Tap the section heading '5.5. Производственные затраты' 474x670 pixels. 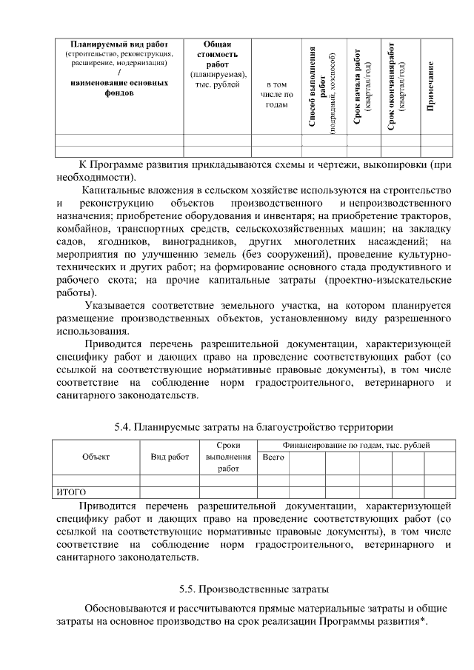point(253,589)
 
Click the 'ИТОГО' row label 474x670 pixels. point(72,492)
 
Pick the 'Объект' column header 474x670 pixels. point(96,457)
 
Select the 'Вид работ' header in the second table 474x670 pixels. point(170,457)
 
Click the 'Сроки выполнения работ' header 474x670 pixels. point(228,457)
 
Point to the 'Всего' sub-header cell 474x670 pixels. point(273,457)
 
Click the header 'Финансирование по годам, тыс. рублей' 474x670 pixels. point(355,445)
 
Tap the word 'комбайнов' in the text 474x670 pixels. point(80,228)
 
